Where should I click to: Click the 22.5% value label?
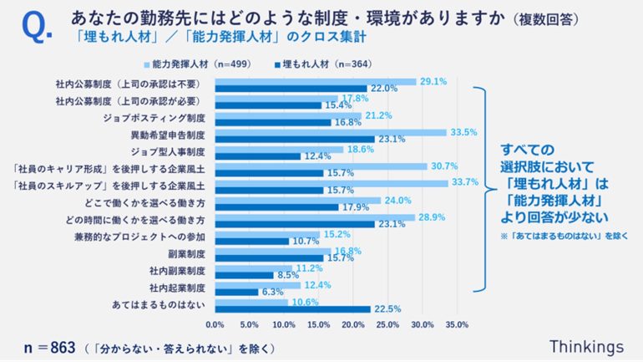[386, 309]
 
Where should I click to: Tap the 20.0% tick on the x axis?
[354, 324]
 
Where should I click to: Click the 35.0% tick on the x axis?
[458, 324]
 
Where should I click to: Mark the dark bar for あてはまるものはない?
[293, 309]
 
